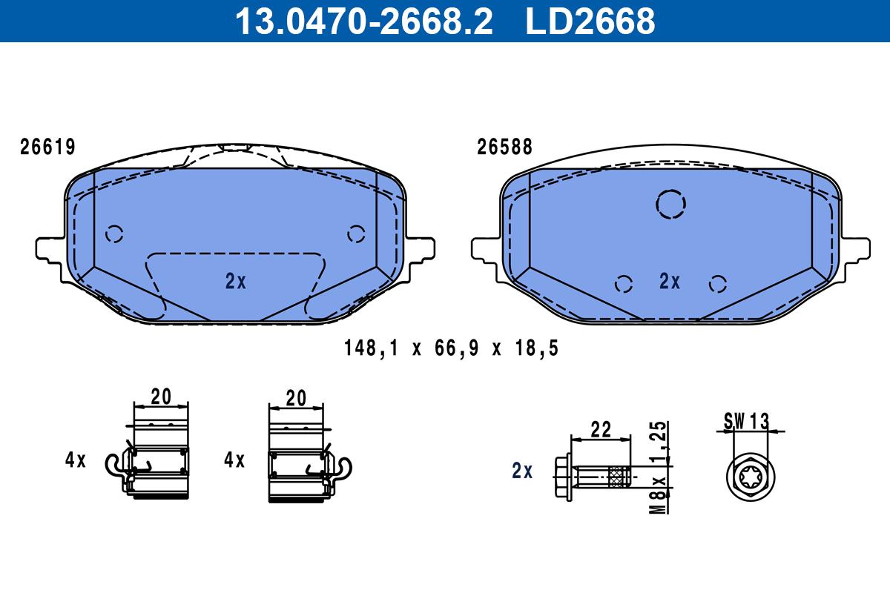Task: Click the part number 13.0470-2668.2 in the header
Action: pos(364,21)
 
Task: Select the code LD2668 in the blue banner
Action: pos(590,21)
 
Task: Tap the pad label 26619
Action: pos(47,147)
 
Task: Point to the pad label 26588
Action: pos(504,147)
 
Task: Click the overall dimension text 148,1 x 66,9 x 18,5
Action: pos(452,348)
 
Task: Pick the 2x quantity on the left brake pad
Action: pos(236,281)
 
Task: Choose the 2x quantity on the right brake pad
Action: pos(670,281)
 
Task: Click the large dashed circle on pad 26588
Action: pos(656,204)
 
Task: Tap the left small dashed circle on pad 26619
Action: pos(106,234)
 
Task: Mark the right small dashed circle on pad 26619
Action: pos(348,234)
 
